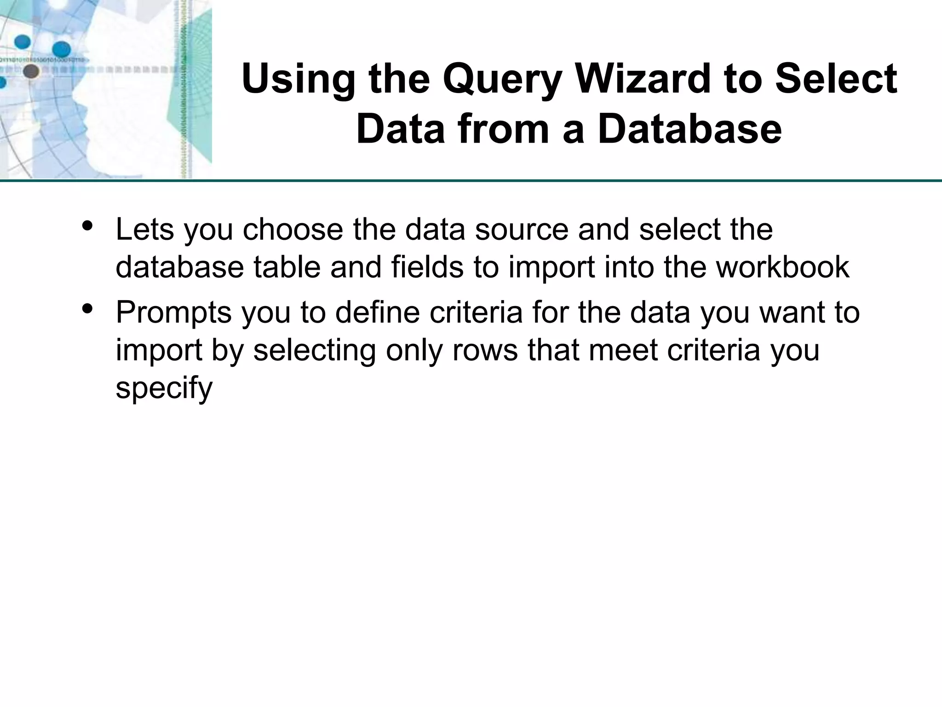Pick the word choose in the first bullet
coord(293,229)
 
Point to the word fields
coord(427,267)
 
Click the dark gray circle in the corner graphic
coord(31,71)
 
